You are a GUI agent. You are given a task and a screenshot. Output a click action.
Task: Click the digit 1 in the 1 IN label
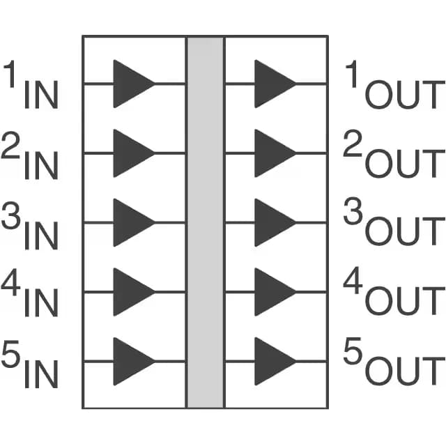coord(10,74)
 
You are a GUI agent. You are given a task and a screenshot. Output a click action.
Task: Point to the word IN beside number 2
coord(42,166)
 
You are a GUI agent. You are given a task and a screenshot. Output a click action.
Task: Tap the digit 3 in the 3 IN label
coord(11,215)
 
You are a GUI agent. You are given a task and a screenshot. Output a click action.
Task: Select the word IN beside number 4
coord(42,302)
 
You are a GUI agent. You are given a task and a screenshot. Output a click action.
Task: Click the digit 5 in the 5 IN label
coord(11,353)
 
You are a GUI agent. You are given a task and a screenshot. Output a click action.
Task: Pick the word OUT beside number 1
coord(405,95)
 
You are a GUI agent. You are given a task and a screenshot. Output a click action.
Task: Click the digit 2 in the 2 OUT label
coord(353,144)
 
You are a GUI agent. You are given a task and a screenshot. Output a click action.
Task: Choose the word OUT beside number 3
coord(405,231)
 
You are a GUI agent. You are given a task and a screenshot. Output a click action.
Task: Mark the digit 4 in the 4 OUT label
coord(353,280)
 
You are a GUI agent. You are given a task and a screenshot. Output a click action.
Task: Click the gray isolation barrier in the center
coord(206,222)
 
